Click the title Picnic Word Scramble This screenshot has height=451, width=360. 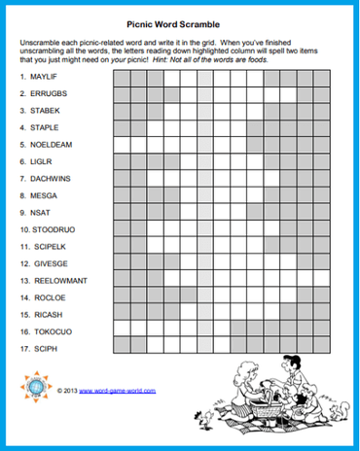[179, 30]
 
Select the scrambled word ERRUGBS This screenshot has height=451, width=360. [50, 93]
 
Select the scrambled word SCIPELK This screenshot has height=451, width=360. [50, 247]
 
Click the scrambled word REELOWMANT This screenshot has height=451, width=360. [59, 281]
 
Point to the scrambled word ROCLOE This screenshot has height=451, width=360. [47, 297]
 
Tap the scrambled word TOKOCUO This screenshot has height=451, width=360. [51, 331]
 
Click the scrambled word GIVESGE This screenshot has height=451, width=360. [50, 263]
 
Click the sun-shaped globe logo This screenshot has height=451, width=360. [36, 388]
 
